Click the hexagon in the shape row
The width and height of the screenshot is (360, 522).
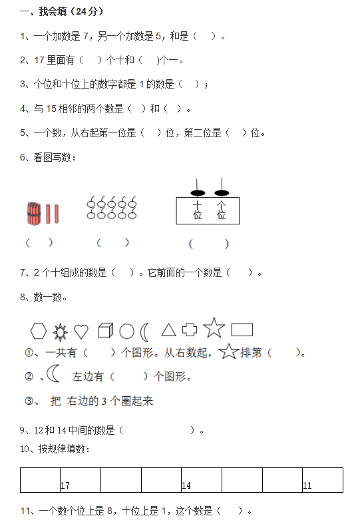click(39, 331)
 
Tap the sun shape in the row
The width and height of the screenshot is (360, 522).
click(60, 332)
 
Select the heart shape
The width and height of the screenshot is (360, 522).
click(81, 332)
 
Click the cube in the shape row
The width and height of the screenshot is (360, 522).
click(106, 330)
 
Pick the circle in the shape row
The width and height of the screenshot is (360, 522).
click(126, 332)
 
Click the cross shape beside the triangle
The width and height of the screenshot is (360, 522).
click(190, 330)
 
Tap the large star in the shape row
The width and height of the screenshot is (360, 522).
click(214, 328)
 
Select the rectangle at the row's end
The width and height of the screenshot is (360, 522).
click(242, 330)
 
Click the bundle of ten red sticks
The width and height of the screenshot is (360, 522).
click(34, 213)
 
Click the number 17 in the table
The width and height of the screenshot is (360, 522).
click(65, 485)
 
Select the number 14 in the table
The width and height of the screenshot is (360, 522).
click(186, 485)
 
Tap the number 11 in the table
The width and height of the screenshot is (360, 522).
click(307, 485)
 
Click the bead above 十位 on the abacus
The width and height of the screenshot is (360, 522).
click(198, 193)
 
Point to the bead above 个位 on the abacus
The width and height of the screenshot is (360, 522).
click(222, 193)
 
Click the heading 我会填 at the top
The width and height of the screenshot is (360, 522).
click(53, 11)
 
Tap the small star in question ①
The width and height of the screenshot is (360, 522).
click(229, 352)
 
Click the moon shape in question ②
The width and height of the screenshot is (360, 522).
click(53, 373)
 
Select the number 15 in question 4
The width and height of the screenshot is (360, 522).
click(51, 109)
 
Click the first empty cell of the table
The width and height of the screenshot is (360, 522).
click(40, 480)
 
